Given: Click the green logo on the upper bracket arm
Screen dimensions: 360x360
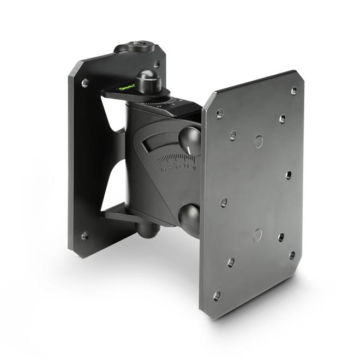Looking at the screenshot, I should [126, 87].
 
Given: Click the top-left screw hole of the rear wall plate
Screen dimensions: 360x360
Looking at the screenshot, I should [85, 83].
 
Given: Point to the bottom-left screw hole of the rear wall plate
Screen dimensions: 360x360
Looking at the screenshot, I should [85, 236].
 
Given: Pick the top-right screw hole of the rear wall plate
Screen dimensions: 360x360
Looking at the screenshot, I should [157, 64].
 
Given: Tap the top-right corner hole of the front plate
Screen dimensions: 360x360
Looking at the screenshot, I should [294, 91].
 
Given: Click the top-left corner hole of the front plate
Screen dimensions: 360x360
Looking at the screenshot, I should [219, 114].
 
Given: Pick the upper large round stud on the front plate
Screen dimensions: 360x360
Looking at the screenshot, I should [258, 142].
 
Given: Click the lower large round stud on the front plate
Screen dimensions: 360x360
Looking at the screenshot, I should [257, 235].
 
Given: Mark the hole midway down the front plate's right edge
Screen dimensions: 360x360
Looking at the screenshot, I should [288, 175].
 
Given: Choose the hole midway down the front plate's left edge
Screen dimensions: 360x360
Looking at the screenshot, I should [224, 202].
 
